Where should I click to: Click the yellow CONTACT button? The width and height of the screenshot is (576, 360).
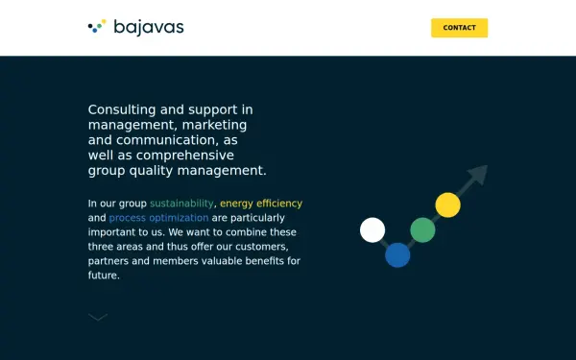459,28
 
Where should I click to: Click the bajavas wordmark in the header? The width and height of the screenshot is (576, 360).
149,28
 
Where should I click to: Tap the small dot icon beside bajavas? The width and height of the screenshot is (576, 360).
97,26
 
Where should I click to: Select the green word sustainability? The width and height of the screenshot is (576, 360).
181,204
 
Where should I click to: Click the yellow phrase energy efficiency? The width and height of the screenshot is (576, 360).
261,204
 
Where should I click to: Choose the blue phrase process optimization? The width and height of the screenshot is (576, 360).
158,218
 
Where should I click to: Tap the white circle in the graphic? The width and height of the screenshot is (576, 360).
372,230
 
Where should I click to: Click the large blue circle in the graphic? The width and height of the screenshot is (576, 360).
397,255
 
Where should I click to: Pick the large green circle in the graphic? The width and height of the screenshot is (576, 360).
422,230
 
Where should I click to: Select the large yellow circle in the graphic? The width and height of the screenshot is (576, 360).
447,205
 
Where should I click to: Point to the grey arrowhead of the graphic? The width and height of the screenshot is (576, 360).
479,174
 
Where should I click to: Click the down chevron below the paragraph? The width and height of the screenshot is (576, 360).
98,318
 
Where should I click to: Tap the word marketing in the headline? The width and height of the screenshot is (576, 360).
214,125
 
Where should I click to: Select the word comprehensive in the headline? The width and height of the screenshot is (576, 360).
185,156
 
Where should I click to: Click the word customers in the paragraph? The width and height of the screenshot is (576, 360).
261,247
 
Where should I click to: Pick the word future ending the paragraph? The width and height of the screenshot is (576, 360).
104,276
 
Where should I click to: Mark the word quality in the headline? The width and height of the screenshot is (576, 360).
151,171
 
